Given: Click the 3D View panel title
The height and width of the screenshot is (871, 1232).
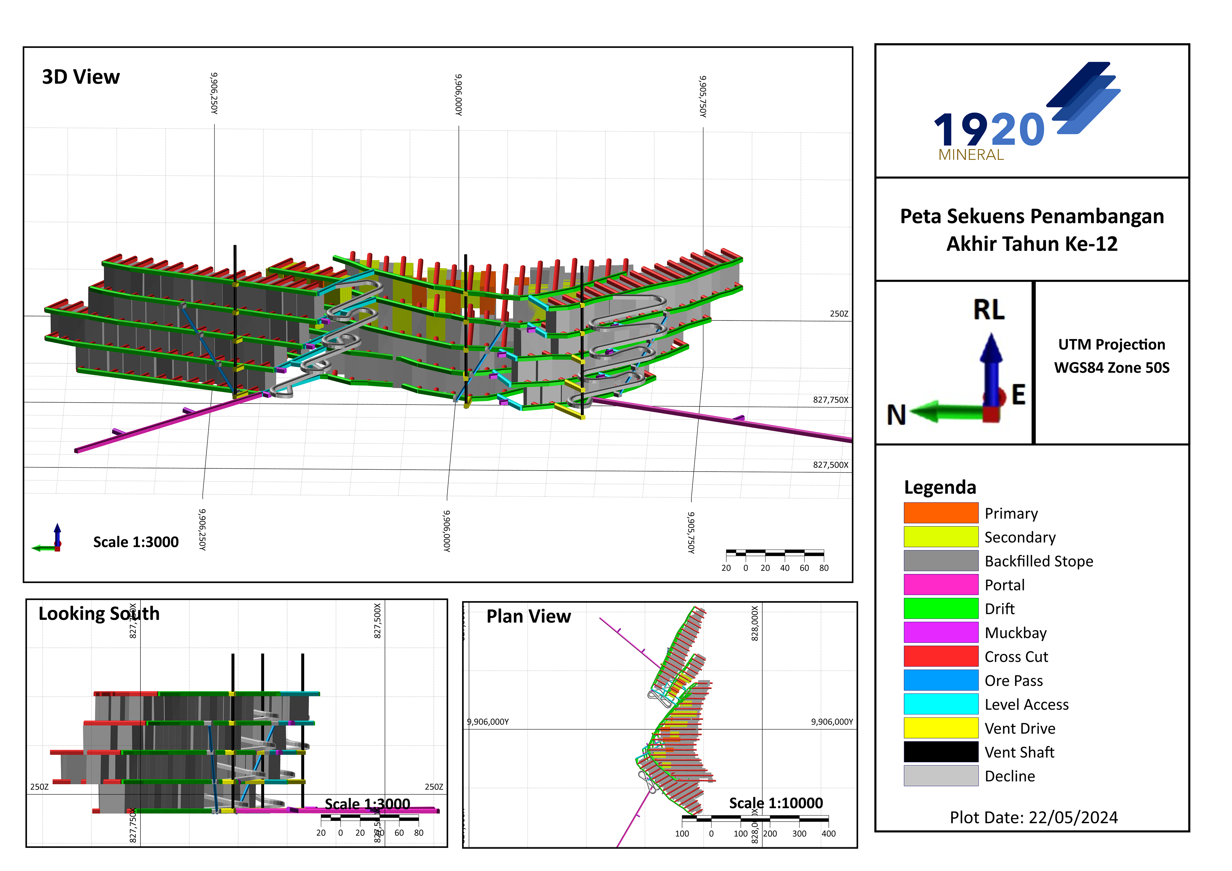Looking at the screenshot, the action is (81, 77).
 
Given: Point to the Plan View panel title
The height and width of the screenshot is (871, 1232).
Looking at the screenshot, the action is (528, 616).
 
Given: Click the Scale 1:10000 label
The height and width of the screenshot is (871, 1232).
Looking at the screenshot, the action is (775, 803).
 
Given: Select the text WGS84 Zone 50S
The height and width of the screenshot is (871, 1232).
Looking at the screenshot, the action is (1111, 368).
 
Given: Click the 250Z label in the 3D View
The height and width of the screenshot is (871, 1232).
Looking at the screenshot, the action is (839, 313).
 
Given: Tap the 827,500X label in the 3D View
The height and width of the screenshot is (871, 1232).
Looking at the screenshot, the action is (830, 465).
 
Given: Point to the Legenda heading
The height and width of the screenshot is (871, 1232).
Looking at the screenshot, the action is (940, 487).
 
